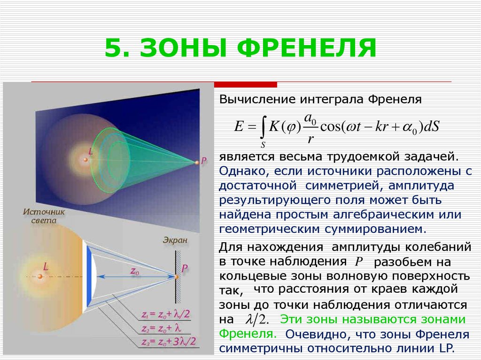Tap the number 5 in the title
(x=113, y=48)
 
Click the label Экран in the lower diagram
(x=175, y=240)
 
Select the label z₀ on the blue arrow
(x=135, y=271)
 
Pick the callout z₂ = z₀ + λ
(x=162, y=329)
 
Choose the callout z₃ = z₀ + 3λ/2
(x=169, y=342)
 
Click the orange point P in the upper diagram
(x=197, y=162)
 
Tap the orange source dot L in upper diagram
(x=85, y=160)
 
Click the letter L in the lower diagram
(x=46, y=267)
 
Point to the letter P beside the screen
(x=184, y=268)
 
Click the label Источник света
(x=44, y=216)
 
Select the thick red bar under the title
(x=245, y=84)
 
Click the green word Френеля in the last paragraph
(x=248, y=334)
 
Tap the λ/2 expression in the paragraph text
(x=257, y=320)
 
